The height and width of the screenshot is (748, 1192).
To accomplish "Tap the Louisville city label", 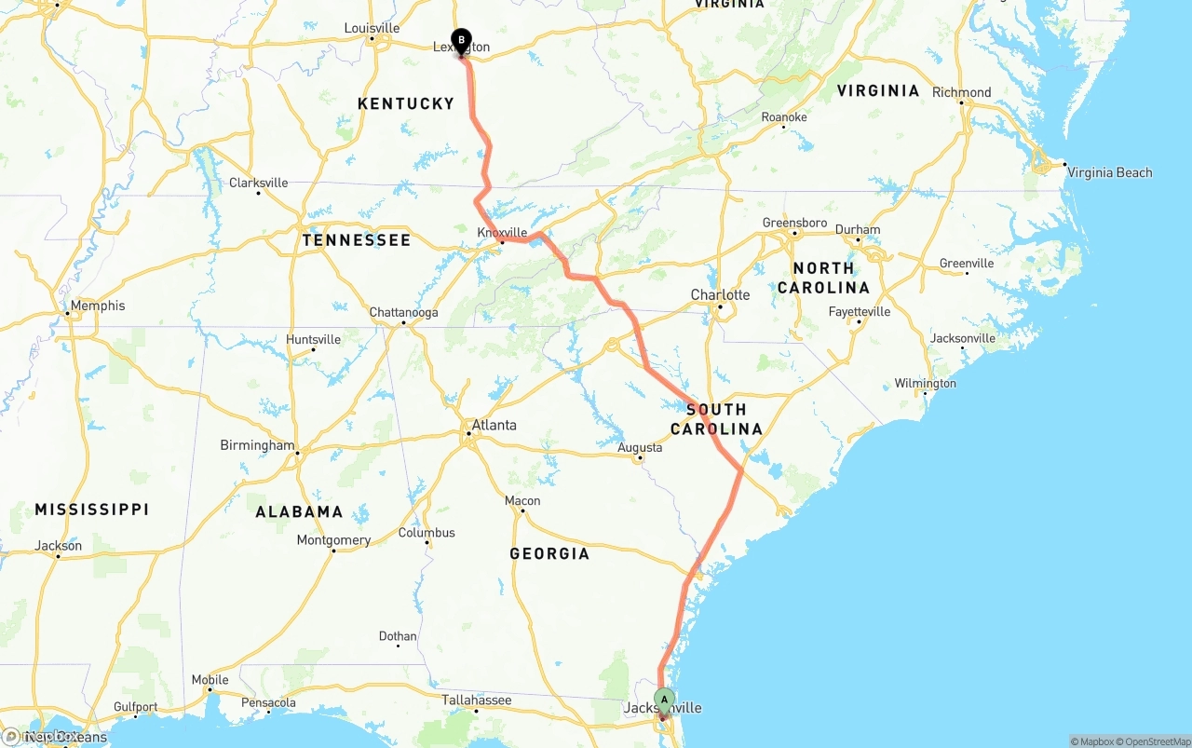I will point(372,28).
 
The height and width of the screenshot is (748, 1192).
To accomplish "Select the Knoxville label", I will point(502,233).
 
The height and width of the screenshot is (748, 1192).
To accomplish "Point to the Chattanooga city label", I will point(403,313).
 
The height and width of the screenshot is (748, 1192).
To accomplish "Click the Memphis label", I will point(97,306).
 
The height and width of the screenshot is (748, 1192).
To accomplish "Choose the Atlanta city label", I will point(494,426).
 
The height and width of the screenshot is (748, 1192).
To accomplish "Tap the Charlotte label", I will point(720,295).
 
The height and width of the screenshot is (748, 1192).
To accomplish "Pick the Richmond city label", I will point(961,92).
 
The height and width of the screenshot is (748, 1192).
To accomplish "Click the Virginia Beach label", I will point(1109,172).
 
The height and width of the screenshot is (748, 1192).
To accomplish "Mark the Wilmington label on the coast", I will point(925,384).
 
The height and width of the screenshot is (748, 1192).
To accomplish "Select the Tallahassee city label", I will point(476,700).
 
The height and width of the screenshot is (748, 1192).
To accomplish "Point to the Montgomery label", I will point(333,540).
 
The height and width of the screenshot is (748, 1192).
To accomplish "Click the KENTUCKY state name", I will point(406,103).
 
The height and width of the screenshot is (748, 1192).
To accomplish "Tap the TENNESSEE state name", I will point(357,240).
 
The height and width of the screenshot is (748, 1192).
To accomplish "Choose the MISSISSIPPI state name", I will point(92,510).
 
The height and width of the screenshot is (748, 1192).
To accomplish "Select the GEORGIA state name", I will point(549,553).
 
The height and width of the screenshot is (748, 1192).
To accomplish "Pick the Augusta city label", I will point(640,448).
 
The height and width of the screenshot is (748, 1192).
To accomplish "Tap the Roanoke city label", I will point(783,117).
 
